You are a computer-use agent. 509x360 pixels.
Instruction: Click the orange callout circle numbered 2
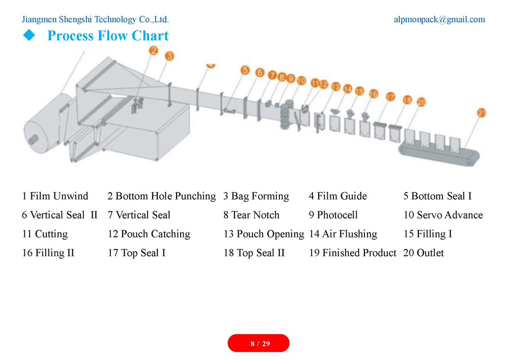pyautogui.click(x=154, y=50)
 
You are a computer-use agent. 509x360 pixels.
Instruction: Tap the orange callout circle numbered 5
pyautogui.click(x=245, y=70)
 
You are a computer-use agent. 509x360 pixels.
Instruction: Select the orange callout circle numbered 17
pyautogui.click(x=390, y=97)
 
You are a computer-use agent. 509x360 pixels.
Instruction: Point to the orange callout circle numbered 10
pyautogui.click(x=301, y=80)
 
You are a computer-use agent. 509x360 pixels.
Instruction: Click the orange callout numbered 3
pyautogui.click(x=169, y=56)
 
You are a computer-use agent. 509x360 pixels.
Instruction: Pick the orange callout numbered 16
pyautogui.click(x=374, y=94)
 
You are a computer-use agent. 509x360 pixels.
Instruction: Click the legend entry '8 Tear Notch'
pyautogui.click(x=251, y=215)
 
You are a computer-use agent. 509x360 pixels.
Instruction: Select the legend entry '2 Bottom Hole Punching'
pyautogui.click(x=162, y=197)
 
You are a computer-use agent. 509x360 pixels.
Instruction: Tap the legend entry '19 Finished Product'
pyautogui.click(x=353, y=253)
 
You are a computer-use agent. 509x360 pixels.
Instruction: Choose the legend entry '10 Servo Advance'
pyautogui.click(x=443, y=215)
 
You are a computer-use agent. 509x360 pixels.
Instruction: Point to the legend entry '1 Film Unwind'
pyautogui.click(x=55, y=196)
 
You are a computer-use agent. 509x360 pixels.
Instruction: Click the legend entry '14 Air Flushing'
pyautogui.click(x=343, y=234)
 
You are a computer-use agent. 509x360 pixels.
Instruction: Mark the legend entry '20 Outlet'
pyautogui.click(x=423, y=253)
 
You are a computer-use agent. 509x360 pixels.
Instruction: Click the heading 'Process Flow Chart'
pyautogui.click(x=108, y=36)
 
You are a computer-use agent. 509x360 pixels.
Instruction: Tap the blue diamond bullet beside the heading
pyautogui.click(x=29, y=35)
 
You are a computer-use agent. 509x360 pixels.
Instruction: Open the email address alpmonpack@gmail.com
pyautogui.click(x=440, y=19)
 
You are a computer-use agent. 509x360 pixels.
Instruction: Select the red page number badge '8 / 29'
pyautogui.click(x=259, y=343)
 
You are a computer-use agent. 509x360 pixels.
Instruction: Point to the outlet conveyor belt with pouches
pyautogui.click(x=439, y=153)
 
